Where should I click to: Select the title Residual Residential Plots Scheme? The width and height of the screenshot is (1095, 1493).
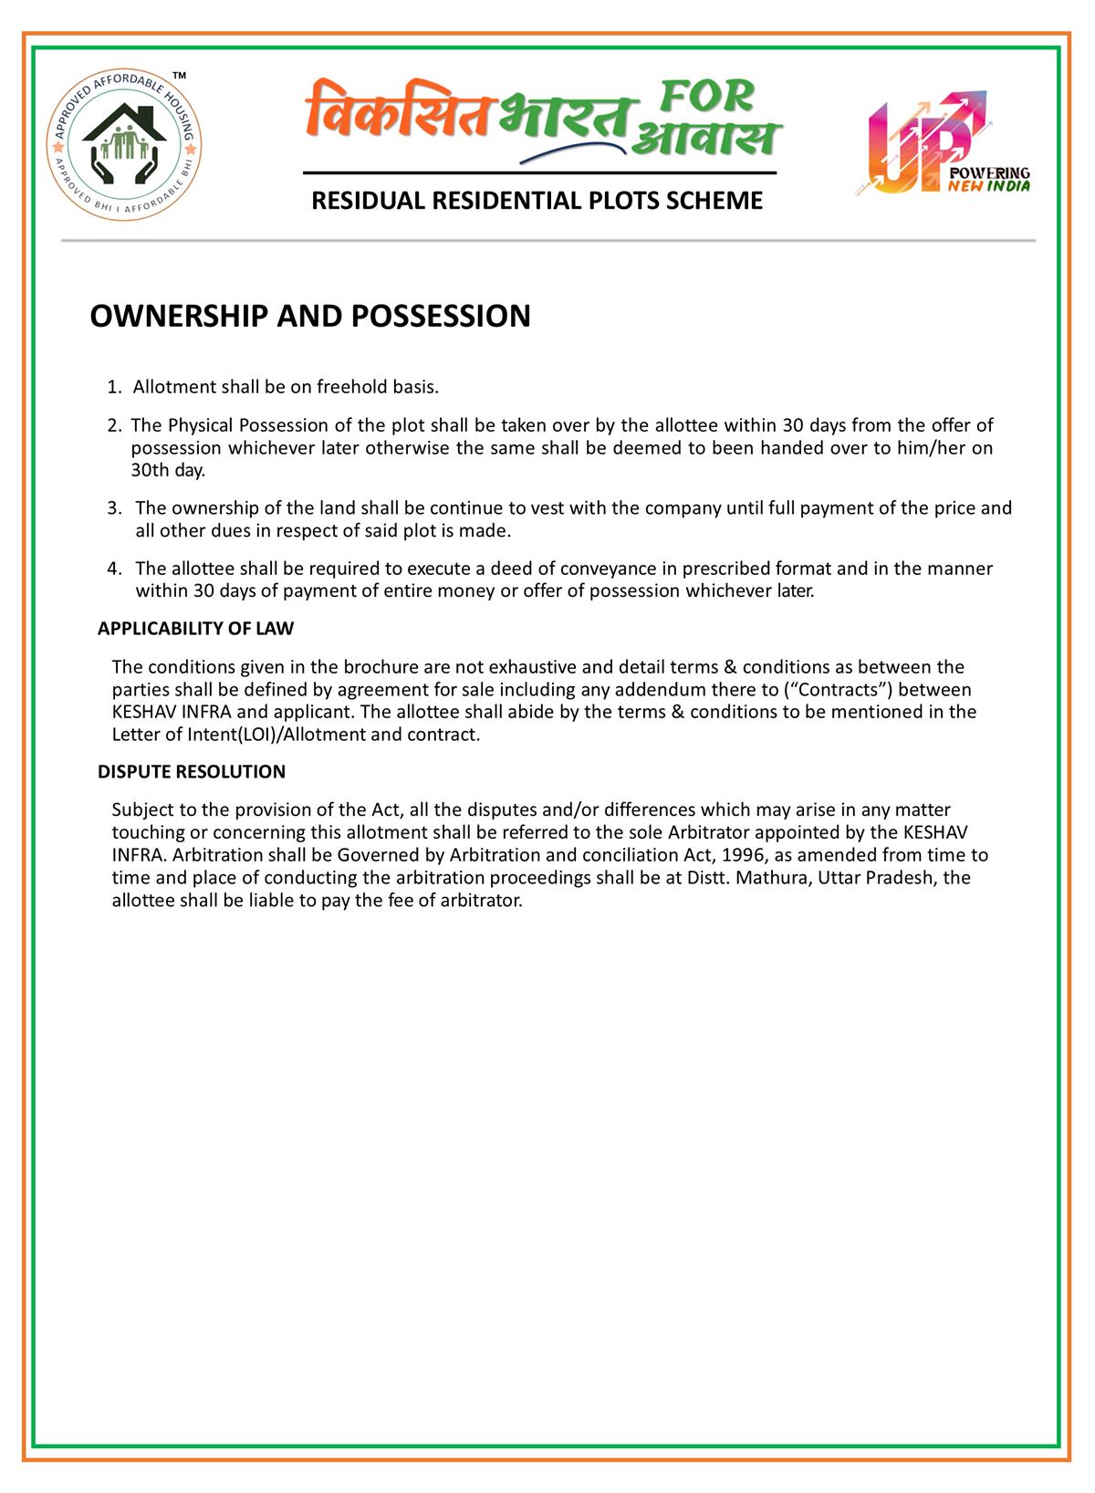[x=537, y=201]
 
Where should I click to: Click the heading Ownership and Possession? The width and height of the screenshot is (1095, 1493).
[x=309, y=317]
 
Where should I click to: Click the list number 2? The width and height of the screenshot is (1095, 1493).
[x=112, y=425]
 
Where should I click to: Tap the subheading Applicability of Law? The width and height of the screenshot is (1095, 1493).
[x=195, y=629]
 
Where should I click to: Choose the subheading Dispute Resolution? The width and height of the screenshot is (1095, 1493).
[x=192, y=772]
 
